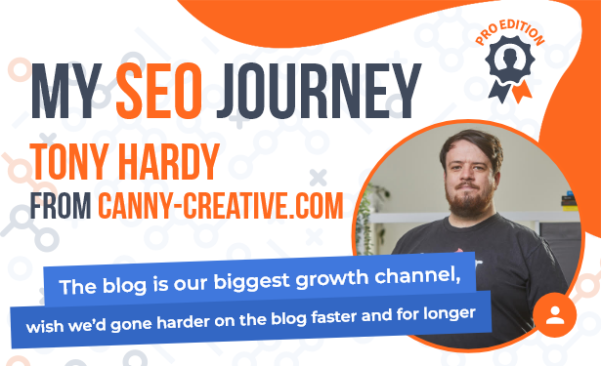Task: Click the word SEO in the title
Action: tap(159, 91)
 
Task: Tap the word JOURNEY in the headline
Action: tap(319, 91)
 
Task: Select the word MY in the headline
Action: tap(66, 91)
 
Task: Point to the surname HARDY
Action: tap(169, 162)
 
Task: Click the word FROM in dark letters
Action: tap(61, 206)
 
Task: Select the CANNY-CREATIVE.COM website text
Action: tap(221, 206)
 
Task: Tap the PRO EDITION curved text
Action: tap(509, 32)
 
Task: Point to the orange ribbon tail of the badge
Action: tap(522, 92)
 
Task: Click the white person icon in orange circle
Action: tap(555, 315)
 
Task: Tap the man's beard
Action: tap(469, 199)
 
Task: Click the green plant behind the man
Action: tap(368, 219)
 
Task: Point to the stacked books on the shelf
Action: tap(571, 201)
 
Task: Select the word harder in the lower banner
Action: tap(183, 322)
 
